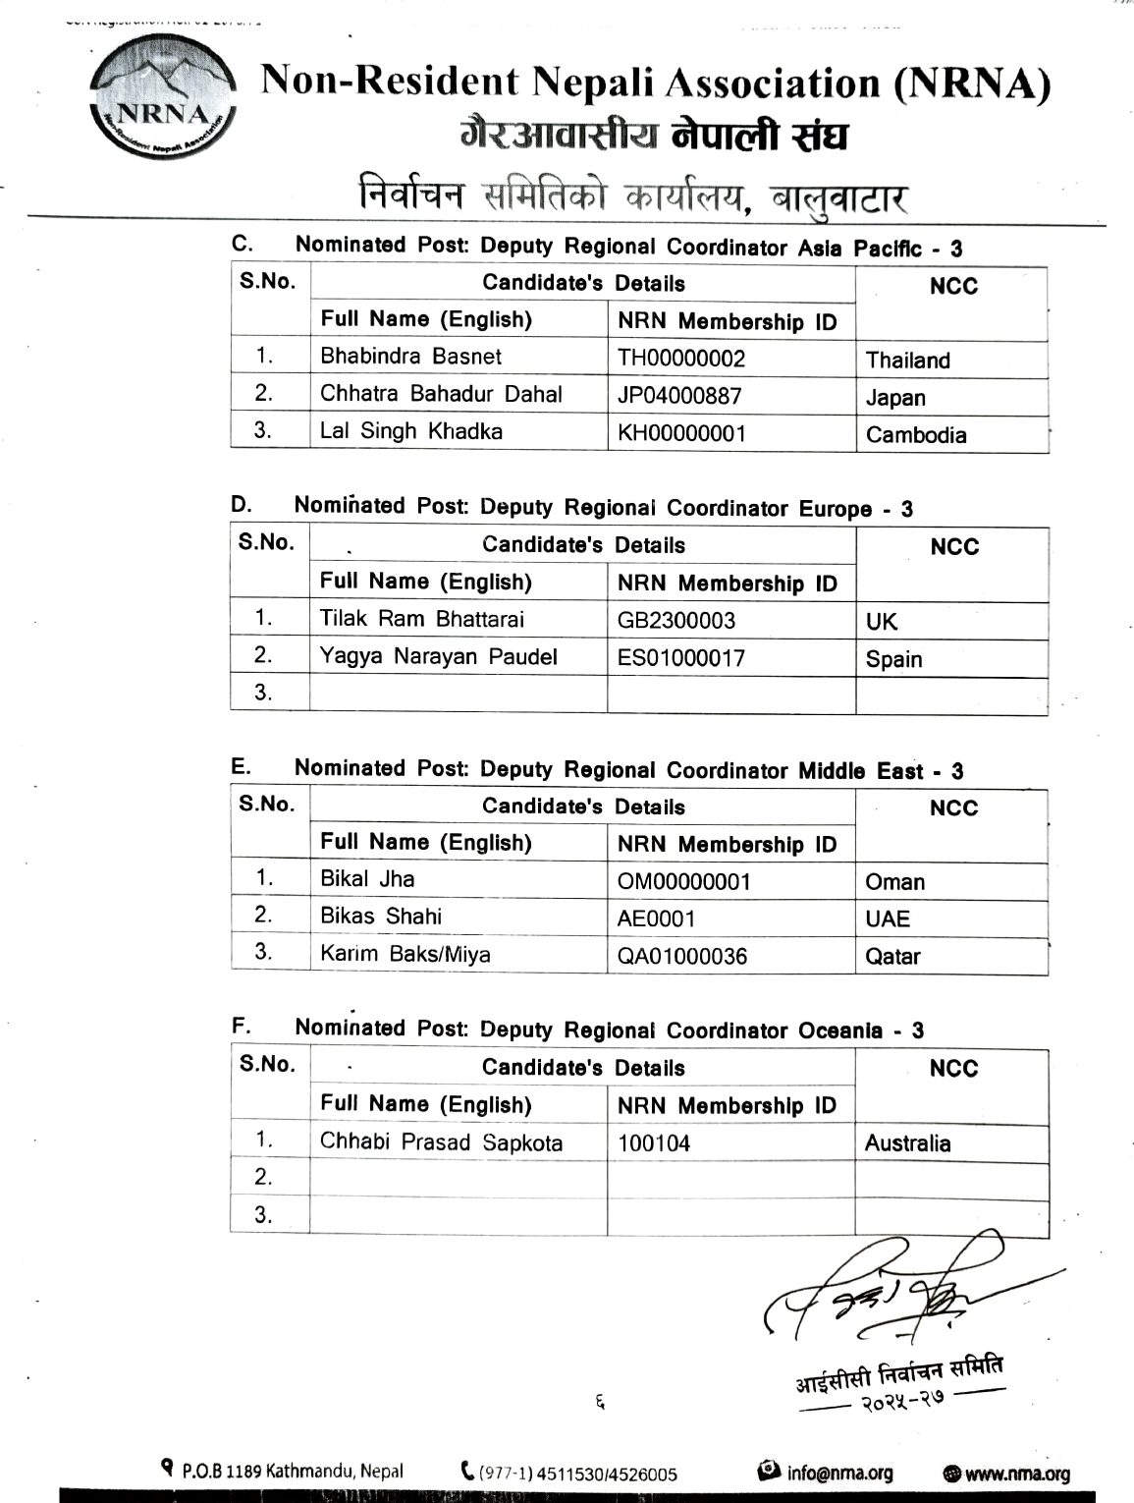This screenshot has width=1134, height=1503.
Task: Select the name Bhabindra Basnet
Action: tap(410, 356)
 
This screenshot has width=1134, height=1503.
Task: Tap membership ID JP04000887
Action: tap(679, 396)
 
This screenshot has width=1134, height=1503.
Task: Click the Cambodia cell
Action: tap(915, 435)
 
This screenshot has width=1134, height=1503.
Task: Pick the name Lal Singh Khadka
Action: tap(411, 431)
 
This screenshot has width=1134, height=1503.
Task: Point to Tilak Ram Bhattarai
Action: tap(422, 619)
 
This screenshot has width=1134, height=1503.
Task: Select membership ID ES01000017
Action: tap(681, 658)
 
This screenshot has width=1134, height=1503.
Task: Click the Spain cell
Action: tap(893, 659)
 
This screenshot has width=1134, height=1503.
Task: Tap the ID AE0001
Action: tap(656, 918)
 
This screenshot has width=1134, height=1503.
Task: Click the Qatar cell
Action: tap(892, 956)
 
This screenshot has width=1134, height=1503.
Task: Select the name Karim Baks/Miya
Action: tap(405, 954)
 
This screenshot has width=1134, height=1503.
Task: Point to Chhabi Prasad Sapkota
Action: tap(442, 1142)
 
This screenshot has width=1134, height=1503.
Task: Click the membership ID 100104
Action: tap(654, 1143)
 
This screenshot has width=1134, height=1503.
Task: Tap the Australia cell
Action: tap(907, 1143)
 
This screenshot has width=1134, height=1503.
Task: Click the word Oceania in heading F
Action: tap(840, 1030)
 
